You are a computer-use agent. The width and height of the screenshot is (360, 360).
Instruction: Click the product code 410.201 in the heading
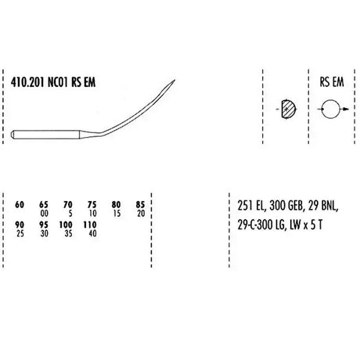pyautogui.click(x=27, y=82)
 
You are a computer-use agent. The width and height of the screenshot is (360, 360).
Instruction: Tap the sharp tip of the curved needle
pyautogui.click(x=175, y=80)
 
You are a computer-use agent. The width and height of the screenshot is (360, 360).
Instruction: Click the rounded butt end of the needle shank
pyautogui.click(x=13, y=135)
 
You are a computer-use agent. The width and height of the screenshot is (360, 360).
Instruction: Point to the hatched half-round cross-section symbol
pyautogui.click(x=289, y=109)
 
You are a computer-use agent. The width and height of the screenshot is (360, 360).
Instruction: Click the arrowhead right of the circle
pyautogui.click(x=345, y=109)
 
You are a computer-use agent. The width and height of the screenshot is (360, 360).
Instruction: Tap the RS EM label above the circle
pyautogui.click(x=332, y=82)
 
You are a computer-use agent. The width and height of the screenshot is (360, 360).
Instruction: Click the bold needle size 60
pyautogui.click(x=20, y=205)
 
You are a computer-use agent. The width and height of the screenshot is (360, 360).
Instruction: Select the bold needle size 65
pyautogui.click(x=44, y=205)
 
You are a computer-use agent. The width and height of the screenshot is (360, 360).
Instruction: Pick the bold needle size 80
pyautogui.click(x=116, y=205)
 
